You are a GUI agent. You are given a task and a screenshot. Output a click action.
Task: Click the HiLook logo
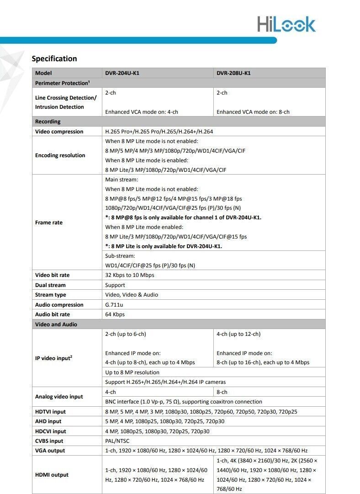286,24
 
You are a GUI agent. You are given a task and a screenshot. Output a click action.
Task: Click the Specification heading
54,58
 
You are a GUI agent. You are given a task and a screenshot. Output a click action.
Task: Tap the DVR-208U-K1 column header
233,73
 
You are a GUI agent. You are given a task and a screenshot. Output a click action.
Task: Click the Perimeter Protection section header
62,83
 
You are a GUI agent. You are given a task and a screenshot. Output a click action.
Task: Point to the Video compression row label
59,132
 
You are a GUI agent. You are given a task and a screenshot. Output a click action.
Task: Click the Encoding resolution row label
60,155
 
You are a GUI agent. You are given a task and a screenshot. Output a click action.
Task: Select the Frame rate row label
49,223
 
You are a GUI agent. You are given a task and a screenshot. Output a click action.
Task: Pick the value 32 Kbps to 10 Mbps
130,275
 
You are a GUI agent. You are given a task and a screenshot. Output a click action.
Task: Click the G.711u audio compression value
114,305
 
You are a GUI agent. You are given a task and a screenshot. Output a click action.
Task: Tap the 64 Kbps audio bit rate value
115,314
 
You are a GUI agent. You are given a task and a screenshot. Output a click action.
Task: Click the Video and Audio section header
56,324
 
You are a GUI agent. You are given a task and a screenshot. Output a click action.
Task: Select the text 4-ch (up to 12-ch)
238,334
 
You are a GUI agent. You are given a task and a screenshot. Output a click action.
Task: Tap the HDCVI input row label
51,431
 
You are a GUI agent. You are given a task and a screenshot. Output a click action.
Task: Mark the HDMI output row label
52,475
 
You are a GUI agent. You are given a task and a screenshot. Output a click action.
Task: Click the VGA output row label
50,451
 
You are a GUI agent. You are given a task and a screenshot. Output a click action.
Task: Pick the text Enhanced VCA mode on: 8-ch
253,112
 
